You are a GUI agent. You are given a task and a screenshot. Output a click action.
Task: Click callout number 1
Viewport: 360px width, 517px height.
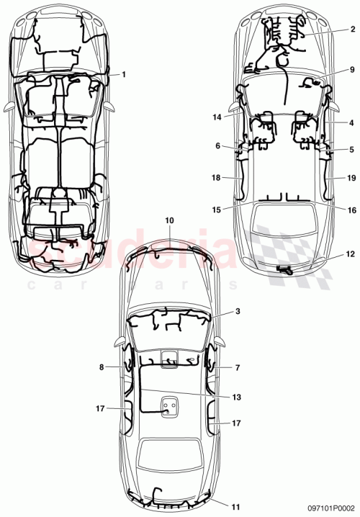124,74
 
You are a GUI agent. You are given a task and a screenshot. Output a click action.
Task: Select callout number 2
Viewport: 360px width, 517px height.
352,29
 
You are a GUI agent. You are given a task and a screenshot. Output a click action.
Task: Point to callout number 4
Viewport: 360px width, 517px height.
352,123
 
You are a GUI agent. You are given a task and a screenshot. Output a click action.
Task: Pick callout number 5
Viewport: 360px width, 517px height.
352,150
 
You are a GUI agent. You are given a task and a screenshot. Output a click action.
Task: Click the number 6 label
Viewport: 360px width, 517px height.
217,145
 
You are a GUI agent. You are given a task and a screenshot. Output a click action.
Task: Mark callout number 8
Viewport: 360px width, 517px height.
102,367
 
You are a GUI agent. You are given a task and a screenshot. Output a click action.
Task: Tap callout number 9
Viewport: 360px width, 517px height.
352,70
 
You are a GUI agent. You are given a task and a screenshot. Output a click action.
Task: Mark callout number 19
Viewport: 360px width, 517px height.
351,177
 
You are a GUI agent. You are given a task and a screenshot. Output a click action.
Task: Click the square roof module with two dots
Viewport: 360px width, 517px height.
170,408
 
